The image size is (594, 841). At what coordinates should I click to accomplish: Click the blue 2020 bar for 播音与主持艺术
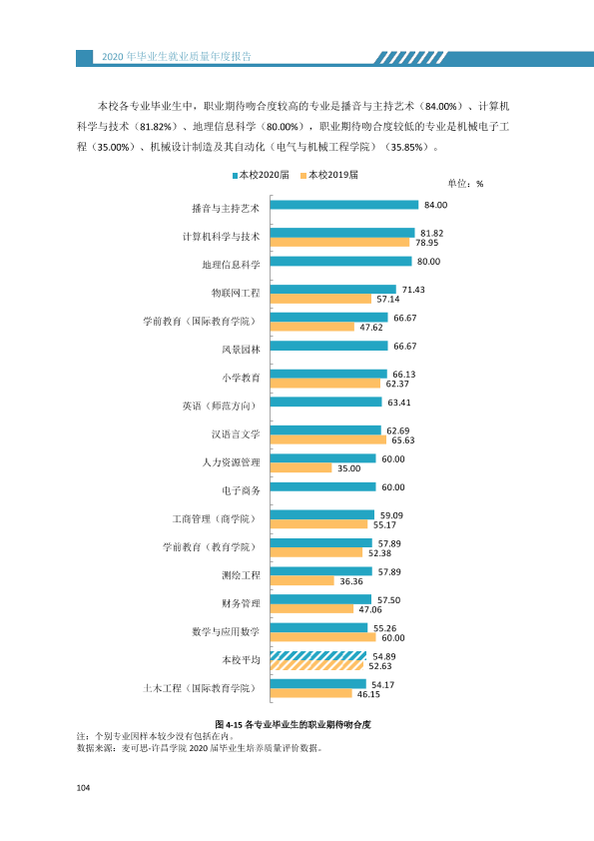344,205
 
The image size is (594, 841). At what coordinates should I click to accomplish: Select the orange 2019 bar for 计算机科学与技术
339,243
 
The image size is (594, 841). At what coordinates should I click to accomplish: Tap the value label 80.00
428,262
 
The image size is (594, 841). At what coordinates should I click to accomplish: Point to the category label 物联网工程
236,293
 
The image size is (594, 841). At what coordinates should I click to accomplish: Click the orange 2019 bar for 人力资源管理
300,468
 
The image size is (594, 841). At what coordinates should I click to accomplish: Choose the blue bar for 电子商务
322,487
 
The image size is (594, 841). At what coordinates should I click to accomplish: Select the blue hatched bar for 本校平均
318,656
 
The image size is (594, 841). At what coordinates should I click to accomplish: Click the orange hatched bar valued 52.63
316,665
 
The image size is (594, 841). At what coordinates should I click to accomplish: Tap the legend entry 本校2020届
261,175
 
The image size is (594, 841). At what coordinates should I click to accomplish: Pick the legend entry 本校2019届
329,175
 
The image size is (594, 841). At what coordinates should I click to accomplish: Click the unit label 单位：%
465,184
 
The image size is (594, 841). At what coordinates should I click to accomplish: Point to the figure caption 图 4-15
293,724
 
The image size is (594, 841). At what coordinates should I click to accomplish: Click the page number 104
83,788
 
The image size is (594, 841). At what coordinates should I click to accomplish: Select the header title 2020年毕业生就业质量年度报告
177,57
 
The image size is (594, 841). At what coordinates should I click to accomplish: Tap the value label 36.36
351,581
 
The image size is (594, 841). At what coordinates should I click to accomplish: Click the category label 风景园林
241,350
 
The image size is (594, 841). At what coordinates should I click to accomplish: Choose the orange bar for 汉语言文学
328,439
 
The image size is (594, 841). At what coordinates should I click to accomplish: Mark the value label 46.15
368,694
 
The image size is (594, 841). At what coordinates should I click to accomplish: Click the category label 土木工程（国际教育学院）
200,688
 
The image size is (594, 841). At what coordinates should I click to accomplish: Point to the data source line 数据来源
200,748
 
